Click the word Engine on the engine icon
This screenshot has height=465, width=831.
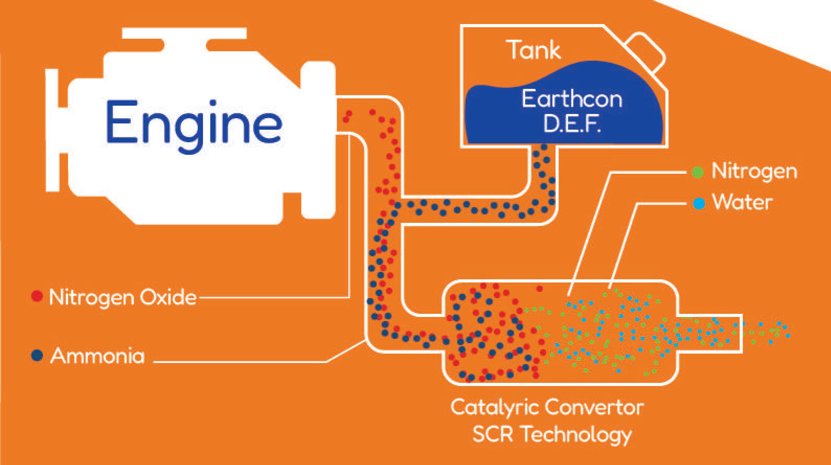(194, 123)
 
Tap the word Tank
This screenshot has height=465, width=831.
(533, 50)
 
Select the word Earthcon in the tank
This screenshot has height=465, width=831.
(572, 99)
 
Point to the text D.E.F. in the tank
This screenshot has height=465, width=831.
(572, 124)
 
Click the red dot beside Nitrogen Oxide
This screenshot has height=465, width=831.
(37, 297)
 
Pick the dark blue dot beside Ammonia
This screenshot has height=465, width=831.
(37, 356)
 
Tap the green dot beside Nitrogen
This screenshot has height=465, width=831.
(698, 172)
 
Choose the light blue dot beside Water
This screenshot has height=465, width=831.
(699, 203)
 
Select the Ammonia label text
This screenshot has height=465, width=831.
(97, 356)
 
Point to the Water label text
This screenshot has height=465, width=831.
(742, 202)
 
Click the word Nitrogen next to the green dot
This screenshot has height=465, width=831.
(754, 171)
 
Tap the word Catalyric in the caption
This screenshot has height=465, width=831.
(489, 407)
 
